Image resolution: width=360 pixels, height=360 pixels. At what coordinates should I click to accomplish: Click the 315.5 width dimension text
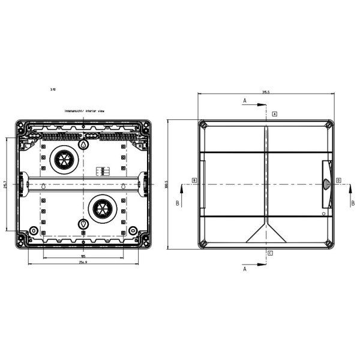point(266,92)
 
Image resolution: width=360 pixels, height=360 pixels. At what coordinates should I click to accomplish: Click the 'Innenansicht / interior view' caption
point(85,111)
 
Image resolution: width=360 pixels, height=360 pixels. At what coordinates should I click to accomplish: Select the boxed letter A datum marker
point(275,113)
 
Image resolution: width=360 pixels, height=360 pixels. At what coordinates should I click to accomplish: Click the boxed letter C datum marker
point(271,253)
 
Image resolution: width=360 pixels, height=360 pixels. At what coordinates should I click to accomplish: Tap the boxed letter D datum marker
point(338,180)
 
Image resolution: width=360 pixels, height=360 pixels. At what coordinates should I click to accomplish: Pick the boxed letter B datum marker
point(194,180)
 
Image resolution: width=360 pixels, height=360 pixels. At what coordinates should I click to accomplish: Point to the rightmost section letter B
point(353,203)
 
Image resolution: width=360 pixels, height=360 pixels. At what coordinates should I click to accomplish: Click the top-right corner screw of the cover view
point(328,125)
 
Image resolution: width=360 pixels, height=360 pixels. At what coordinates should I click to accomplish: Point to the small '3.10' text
point(53,89)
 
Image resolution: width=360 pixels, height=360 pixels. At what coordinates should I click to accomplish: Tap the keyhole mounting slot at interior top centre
point(84,145)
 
